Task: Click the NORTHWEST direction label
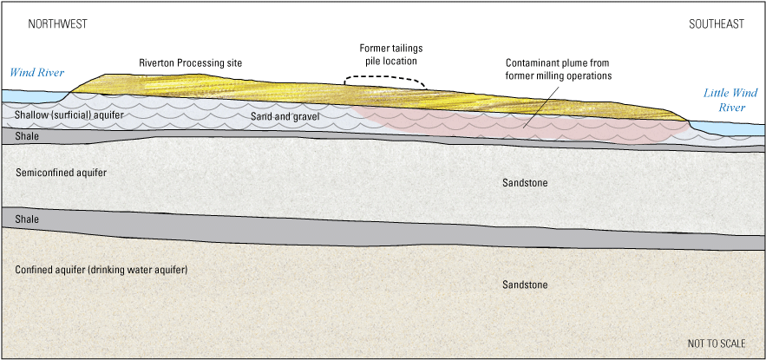click(x=57, y=24)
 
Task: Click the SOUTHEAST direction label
click(x=717, y=24)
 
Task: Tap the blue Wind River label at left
click(x=37, y=73)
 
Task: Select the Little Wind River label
click(x=730, y=101)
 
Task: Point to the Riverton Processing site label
click(x=191, y=63)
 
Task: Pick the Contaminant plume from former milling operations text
click(x=559, y=69)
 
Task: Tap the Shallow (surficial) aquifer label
click(x=62, y=115)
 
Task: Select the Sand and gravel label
click(x=285, y=115)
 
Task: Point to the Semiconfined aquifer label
click(x=62, y=173)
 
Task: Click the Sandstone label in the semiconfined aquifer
click(x=526, y=183)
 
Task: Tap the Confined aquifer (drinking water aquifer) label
click(x=101, y=270)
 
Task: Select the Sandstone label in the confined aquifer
click(x=526, y=285)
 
